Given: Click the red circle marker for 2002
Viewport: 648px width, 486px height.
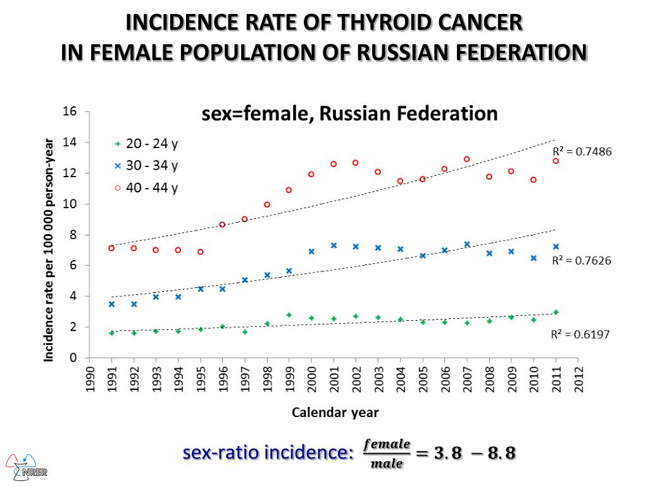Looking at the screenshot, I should [x=356, y=163].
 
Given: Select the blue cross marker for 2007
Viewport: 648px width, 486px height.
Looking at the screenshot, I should [x=467, y=244].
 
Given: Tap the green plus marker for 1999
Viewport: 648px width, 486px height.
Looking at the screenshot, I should [x=289, y=315].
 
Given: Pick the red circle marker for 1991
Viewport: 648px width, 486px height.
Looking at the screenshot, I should [x=111, y=248].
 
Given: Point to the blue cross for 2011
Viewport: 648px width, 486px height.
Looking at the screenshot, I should [x=556, y=247].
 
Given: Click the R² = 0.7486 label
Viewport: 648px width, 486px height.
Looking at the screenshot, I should [x=582, y=152].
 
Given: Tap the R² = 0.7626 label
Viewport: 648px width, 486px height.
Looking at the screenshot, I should [x=582, y=260].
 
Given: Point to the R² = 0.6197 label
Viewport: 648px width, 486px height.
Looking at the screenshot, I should [x=580, y=335].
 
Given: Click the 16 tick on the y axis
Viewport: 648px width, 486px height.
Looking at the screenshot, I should [x=70, y=112].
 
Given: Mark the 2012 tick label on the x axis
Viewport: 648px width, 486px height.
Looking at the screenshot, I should [x=578, y=380].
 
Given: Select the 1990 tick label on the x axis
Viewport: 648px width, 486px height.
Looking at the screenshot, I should [x=89, y=380].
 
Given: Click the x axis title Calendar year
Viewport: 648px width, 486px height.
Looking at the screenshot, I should [x=335, y=413].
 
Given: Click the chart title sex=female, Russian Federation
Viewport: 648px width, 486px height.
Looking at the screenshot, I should [x=349, y=115].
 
